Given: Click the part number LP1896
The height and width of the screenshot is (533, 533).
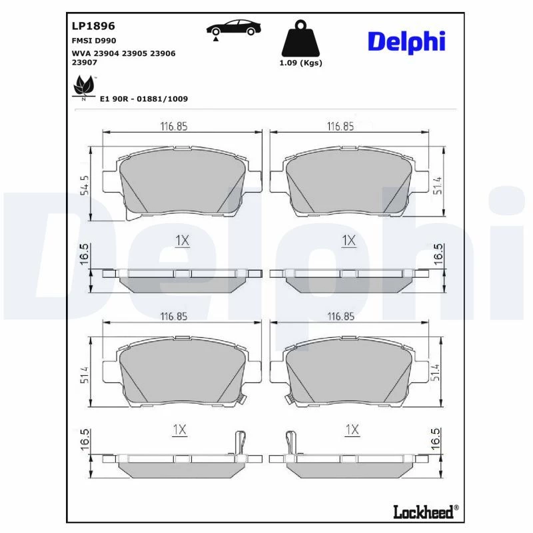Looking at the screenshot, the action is point(93,26).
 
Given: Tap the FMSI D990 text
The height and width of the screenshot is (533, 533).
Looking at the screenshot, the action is point(94,41).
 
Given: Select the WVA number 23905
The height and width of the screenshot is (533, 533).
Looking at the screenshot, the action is point(135,53).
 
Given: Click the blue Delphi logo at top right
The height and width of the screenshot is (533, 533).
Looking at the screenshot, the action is point(406,42).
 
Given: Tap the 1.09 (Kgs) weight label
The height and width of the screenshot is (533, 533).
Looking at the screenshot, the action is point(300,63).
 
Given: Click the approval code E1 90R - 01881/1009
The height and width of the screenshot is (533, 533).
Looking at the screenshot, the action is point(144,99).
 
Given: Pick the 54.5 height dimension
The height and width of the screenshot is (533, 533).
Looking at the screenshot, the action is point(85,185).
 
